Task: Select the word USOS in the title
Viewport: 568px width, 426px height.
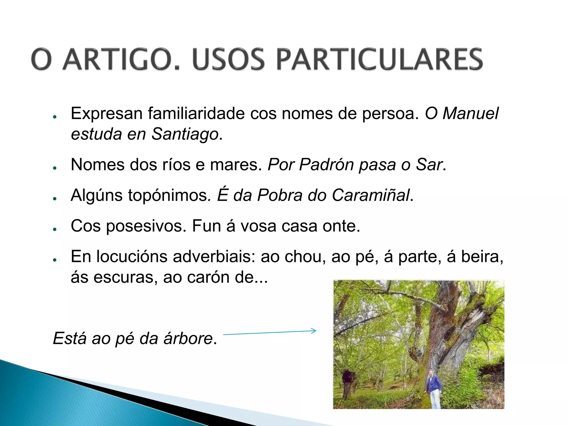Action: pos(228,59)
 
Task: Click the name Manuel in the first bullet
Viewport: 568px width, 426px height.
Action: pos(470,113)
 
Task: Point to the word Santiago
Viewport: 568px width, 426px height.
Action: pos(185,134)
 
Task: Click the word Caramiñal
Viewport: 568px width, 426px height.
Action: pos(371,195)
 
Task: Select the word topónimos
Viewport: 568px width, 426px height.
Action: pos(168,195)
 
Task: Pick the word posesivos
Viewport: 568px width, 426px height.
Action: pos(146,226)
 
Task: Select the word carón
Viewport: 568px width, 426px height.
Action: pos(208,277)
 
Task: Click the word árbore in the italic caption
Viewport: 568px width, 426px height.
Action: pos(188,339)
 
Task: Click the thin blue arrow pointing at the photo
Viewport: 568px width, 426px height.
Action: pos(270,333)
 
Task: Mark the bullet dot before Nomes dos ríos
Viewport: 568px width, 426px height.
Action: pos(55,168)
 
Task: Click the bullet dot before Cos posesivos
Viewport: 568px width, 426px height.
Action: pos(55,229)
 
